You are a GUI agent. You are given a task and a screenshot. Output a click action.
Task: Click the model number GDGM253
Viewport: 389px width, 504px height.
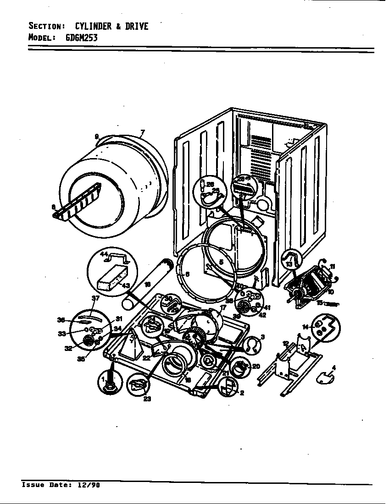(81, 38)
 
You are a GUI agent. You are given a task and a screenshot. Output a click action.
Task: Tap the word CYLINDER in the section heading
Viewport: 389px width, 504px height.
(91, 26)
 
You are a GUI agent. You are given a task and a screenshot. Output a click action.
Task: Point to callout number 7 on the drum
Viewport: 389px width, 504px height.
(143, 133)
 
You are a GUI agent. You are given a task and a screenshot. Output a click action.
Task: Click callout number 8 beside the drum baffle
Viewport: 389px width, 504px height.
(54, 207)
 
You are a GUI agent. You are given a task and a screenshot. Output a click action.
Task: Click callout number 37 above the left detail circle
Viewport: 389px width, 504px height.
(95, 298)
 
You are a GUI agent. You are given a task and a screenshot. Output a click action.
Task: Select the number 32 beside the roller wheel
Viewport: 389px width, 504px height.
(68, 348)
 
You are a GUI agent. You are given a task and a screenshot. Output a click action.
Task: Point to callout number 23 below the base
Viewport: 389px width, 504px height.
(148, 399)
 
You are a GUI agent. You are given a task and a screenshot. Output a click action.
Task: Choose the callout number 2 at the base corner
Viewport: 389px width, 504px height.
(241, 393)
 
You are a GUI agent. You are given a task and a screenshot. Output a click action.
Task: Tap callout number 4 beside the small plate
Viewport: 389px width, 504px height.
(333, 367)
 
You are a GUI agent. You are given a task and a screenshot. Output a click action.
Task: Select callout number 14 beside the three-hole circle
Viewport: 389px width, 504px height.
(305, 326)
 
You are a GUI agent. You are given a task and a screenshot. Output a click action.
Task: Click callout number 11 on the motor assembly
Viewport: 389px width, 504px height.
(332, 266)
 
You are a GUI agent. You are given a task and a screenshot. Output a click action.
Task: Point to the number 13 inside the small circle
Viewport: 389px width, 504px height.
(289, 264)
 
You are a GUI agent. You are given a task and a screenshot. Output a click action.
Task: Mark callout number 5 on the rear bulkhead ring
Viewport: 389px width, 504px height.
(221, 263)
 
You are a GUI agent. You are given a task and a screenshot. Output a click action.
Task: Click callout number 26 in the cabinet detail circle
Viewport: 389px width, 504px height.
(211, 184)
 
